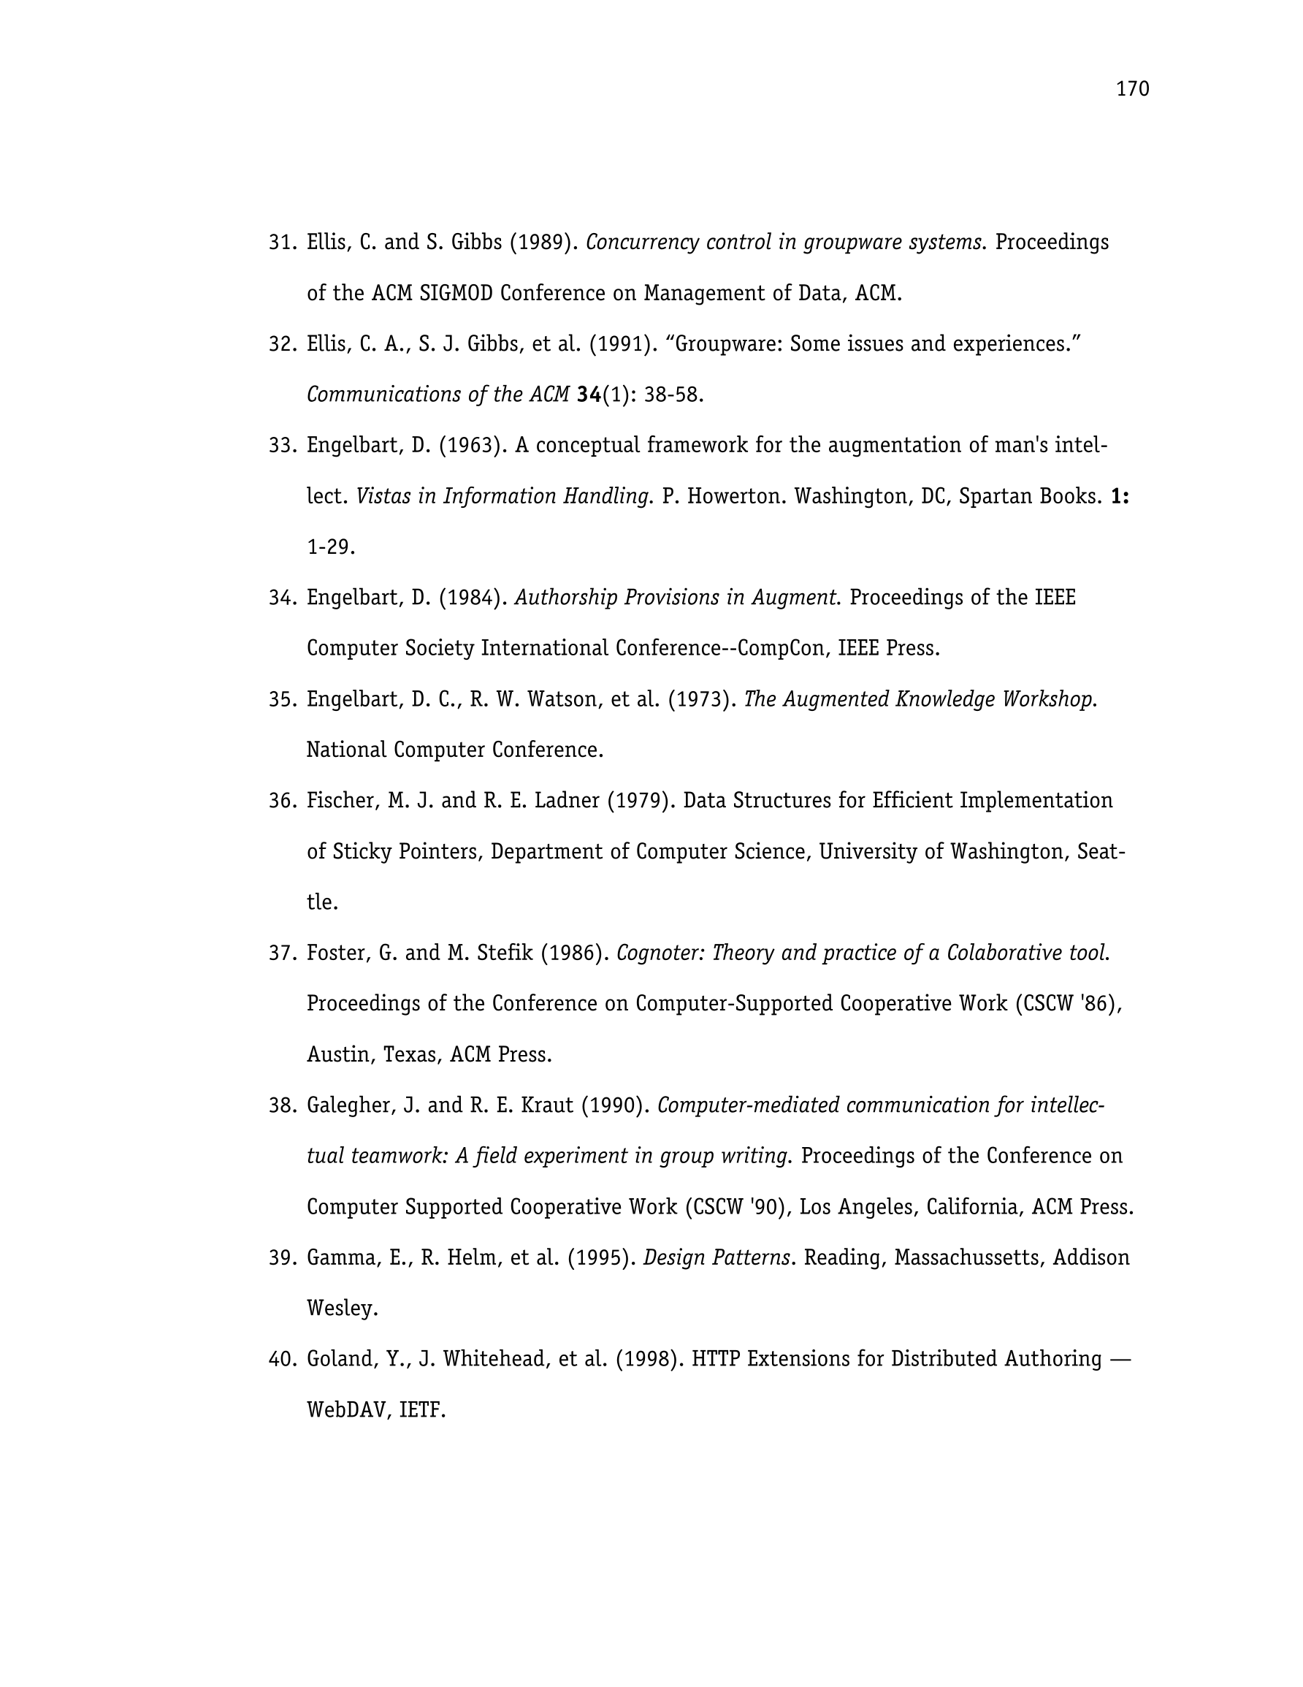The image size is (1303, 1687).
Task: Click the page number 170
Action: click(x=1131, y=90)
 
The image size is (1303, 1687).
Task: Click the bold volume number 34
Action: click(x=589, y=395)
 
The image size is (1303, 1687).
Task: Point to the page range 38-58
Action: click(x=673, y=395)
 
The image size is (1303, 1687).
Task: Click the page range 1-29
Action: click(x=331, y=547)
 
